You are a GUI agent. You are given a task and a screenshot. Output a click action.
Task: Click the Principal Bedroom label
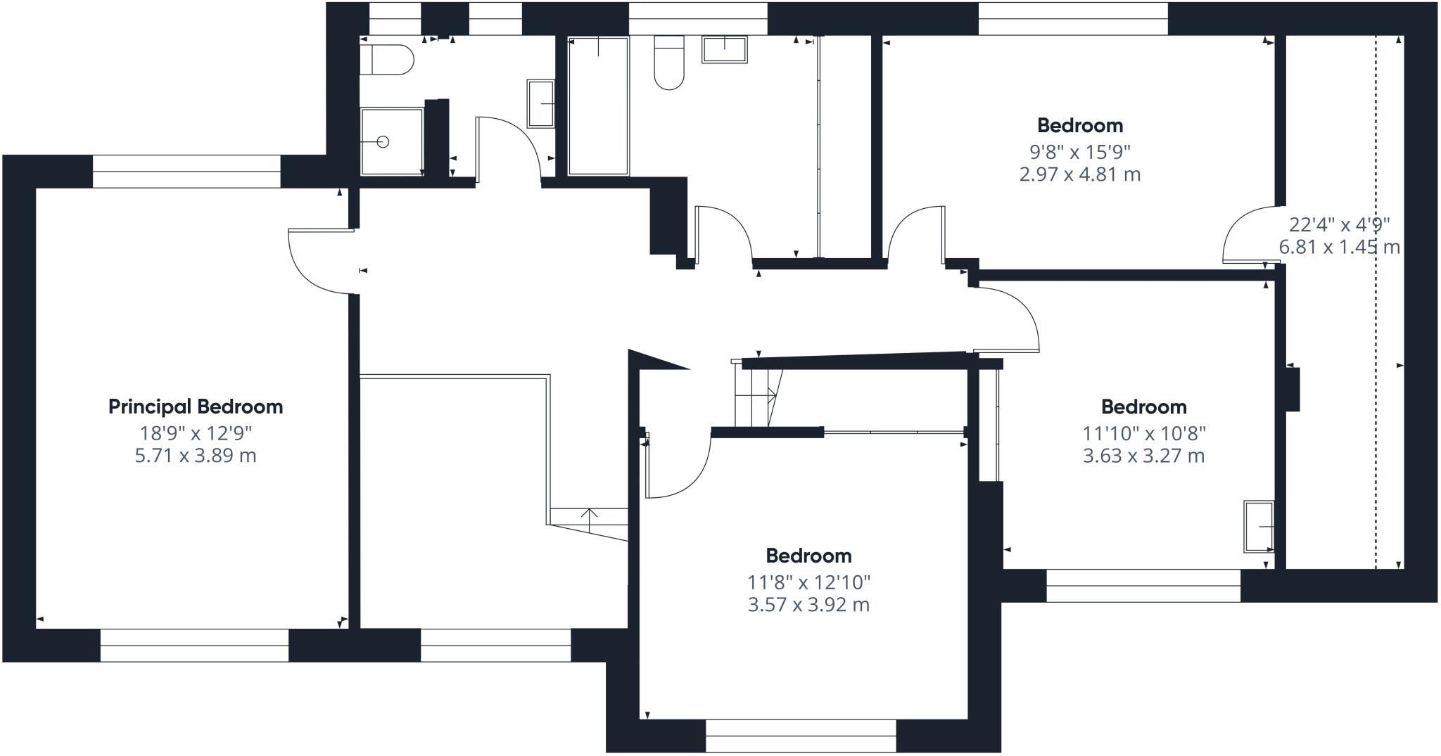[196, 406]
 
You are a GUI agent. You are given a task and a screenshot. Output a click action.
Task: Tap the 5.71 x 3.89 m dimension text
[196, 456]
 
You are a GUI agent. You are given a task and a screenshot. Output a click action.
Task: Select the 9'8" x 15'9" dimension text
[1080, 151]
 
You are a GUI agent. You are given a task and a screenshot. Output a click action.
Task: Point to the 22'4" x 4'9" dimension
[1340, 224]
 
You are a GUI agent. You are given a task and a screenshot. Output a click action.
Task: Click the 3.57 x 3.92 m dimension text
[809, 605]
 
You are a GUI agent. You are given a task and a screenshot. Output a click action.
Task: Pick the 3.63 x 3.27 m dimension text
[1144, 456]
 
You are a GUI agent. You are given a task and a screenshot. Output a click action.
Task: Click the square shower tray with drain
[392, 141]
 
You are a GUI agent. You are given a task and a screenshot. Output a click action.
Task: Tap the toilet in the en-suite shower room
[386, 60]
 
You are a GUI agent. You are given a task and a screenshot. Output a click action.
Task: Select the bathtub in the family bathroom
[598, 105]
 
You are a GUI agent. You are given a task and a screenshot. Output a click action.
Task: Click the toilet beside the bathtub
[669, 63]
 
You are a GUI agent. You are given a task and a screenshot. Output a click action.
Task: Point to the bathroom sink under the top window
[724, 49]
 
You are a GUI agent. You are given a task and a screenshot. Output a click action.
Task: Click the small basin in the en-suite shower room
[540, 103]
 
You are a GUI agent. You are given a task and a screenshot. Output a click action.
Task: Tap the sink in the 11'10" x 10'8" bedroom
[1259, 526]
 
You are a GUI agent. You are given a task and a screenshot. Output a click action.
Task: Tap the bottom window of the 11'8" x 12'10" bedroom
[801, 736]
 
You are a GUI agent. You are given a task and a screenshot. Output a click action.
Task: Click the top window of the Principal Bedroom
[186, 172]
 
